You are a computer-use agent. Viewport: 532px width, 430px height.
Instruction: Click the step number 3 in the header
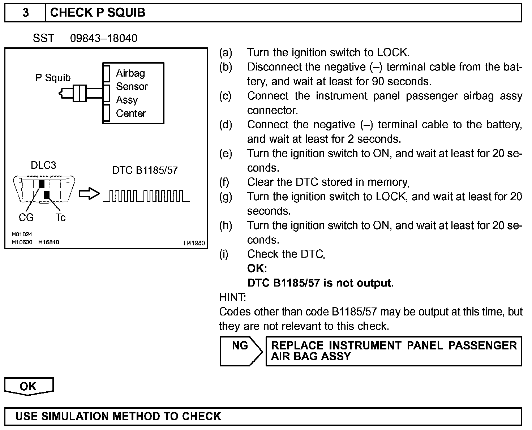pyautogui.click(x=25, y=13)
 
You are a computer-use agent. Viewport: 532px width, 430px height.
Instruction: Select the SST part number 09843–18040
pyautogui.click(x=103, y=38)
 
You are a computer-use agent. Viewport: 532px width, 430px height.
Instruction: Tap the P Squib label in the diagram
pyautogui.click(x=53, y=78)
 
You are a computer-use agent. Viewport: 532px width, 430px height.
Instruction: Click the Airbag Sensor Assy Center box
pyautogui.click(x=133, y=93)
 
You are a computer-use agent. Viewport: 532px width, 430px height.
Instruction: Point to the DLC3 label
pyautogui.click(x=43, y=165)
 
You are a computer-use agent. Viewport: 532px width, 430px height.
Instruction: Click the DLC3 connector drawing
pyautogui.click(x=44, y=190)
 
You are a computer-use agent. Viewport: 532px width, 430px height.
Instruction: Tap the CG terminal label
pyautogui.click(x=26, y=218)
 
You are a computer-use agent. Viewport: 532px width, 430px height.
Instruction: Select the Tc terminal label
pyautogui.click(x=60, y=218)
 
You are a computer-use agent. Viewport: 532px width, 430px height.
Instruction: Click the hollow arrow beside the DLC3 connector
pyautogui.click(x=89, y=194)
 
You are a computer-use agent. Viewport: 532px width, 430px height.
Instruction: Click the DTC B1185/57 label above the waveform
pyautogui.click(x=145, y=170)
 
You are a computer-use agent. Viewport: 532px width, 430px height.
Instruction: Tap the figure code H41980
pyautogui.click(x=194, y=243)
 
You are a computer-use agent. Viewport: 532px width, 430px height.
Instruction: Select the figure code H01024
pyautogui.click(x=22, y=234)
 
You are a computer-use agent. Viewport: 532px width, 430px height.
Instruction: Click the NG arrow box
pyautogui.click(x=241, y=351)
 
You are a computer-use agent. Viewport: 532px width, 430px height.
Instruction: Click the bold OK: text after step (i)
pyautogui.click(x=257, y=268)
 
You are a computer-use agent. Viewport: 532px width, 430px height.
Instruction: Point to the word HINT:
pyautogui.click(x=232, y=297)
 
